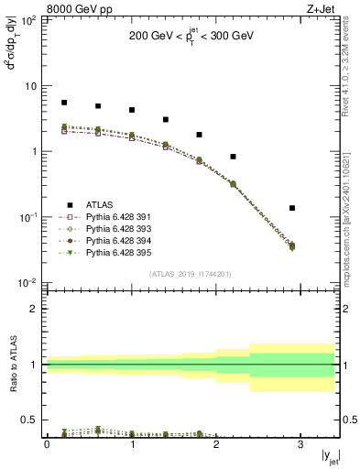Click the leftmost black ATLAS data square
coord(64,103)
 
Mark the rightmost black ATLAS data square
coord(292,208)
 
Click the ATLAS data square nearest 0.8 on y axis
coord(233,157)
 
